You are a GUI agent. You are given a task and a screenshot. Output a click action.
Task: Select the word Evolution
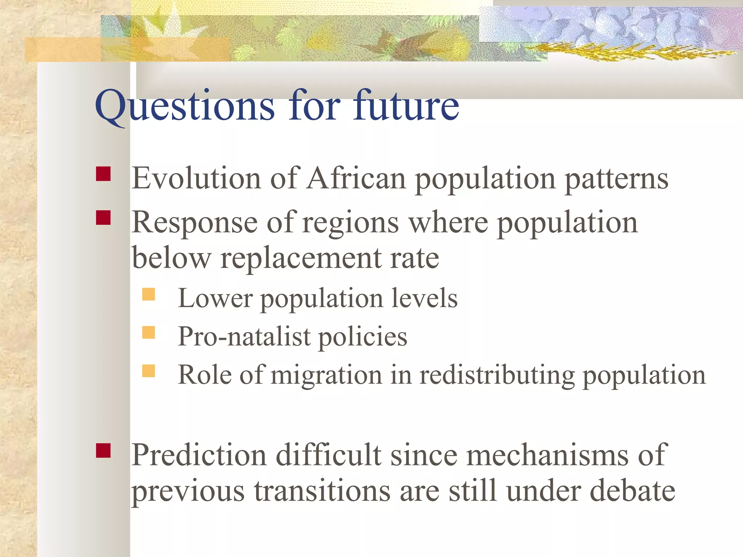[196, 178]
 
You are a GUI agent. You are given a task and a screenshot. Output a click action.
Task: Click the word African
[356, 178]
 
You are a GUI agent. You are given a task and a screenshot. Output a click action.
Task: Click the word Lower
[215, 298]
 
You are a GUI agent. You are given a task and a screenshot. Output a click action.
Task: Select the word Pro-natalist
[244, 337]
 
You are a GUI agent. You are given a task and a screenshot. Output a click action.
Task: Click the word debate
[633, 491]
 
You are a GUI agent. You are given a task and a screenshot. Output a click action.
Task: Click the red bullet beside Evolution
[103, 174]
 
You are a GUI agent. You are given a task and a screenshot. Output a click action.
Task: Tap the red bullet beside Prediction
[103, 451]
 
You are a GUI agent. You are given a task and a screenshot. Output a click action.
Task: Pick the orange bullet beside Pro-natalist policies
[148, 332]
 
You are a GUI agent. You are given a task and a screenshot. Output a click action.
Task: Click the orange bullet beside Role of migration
[148, 371]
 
